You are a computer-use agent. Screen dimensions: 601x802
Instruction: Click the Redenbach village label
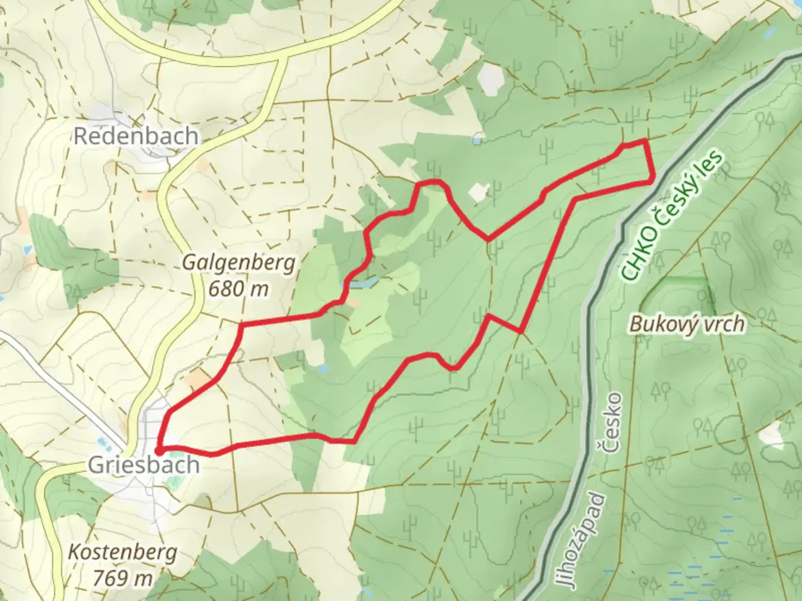point(136,136)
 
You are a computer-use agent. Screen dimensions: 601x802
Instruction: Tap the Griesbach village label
point(144,465)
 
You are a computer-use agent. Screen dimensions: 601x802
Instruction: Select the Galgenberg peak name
point(239,263)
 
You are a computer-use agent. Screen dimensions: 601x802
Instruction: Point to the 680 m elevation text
point(238,288)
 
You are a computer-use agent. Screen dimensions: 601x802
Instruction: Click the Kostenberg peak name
point(123,552)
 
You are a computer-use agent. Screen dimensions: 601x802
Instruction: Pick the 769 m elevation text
point(123,578)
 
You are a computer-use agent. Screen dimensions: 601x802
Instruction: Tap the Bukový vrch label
point(687,323)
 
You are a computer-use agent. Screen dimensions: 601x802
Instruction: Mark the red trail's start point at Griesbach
point(159,450)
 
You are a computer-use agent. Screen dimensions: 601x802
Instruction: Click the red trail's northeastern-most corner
point(645,141)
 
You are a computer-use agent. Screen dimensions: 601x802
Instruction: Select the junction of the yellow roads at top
point(284,56)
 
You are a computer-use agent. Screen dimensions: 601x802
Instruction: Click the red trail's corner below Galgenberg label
point(241,324)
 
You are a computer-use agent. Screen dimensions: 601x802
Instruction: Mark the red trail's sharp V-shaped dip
point(488,239)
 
